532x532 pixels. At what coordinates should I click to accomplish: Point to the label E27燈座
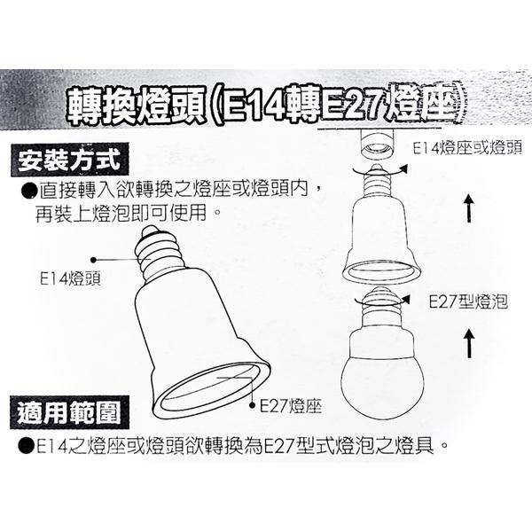(x=291, y=406)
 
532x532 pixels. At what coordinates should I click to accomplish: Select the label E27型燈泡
(x=467, y=301)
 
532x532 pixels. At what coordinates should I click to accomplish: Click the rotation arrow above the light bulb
(x=390, y=298)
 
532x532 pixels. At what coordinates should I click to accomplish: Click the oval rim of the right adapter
(x=379, y=270)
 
